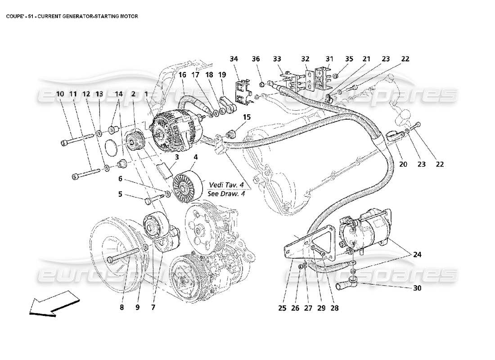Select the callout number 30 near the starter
(x=417, y=288)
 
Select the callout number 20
(x=403, y=164)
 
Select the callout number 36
(x=256, y=59)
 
